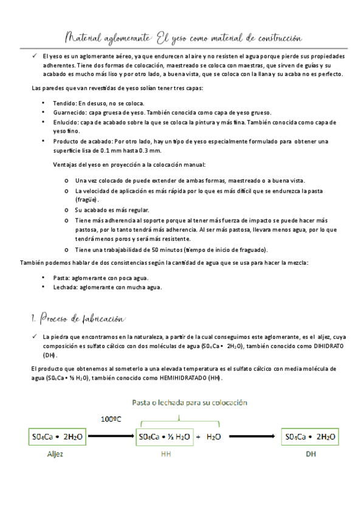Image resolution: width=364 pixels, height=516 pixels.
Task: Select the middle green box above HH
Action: coord(164,437)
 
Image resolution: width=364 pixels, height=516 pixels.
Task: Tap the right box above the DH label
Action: coord(310,437)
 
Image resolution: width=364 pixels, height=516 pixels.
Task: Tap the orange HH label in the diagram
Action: coord(165,454)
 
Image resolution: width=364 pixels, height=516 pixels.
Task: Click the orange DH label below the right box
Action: coord(311,454)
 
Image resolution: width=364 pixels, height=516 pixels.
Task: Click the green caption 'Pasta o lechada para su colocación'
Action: coord(190,402)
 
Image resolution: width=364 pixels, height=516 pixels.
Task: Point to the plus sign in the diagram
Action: coord(199,437)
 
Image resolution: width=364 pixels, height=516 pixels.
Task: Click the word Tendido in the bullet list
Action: coord(65,103)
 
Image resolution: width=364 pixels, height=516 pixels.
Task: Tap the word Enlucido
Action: coord(66,122)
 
